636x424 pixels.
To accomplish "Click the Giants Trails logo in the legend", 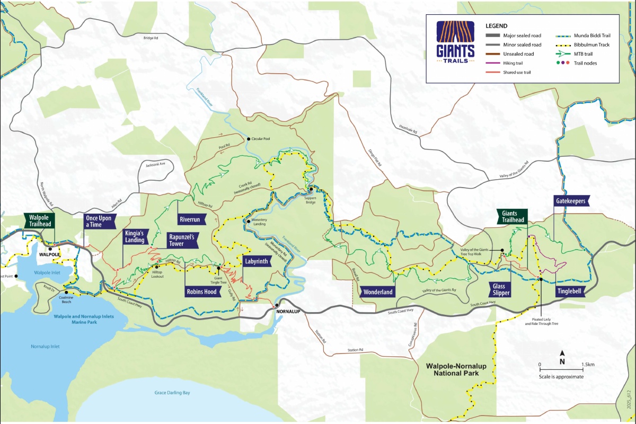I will tap(455, 42).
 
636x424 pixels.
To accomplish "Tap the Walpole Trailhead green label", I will tap(39, 221).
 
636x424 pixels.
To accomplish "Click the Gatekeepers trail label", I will tap(572, 201).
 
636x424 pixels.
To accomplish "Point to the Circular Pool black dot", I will tap(247, 138).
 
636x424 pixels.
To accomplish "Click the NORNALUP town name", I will tap(288, 311).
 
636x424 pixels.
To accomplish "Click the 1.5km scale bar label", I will tap(588, 365).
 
